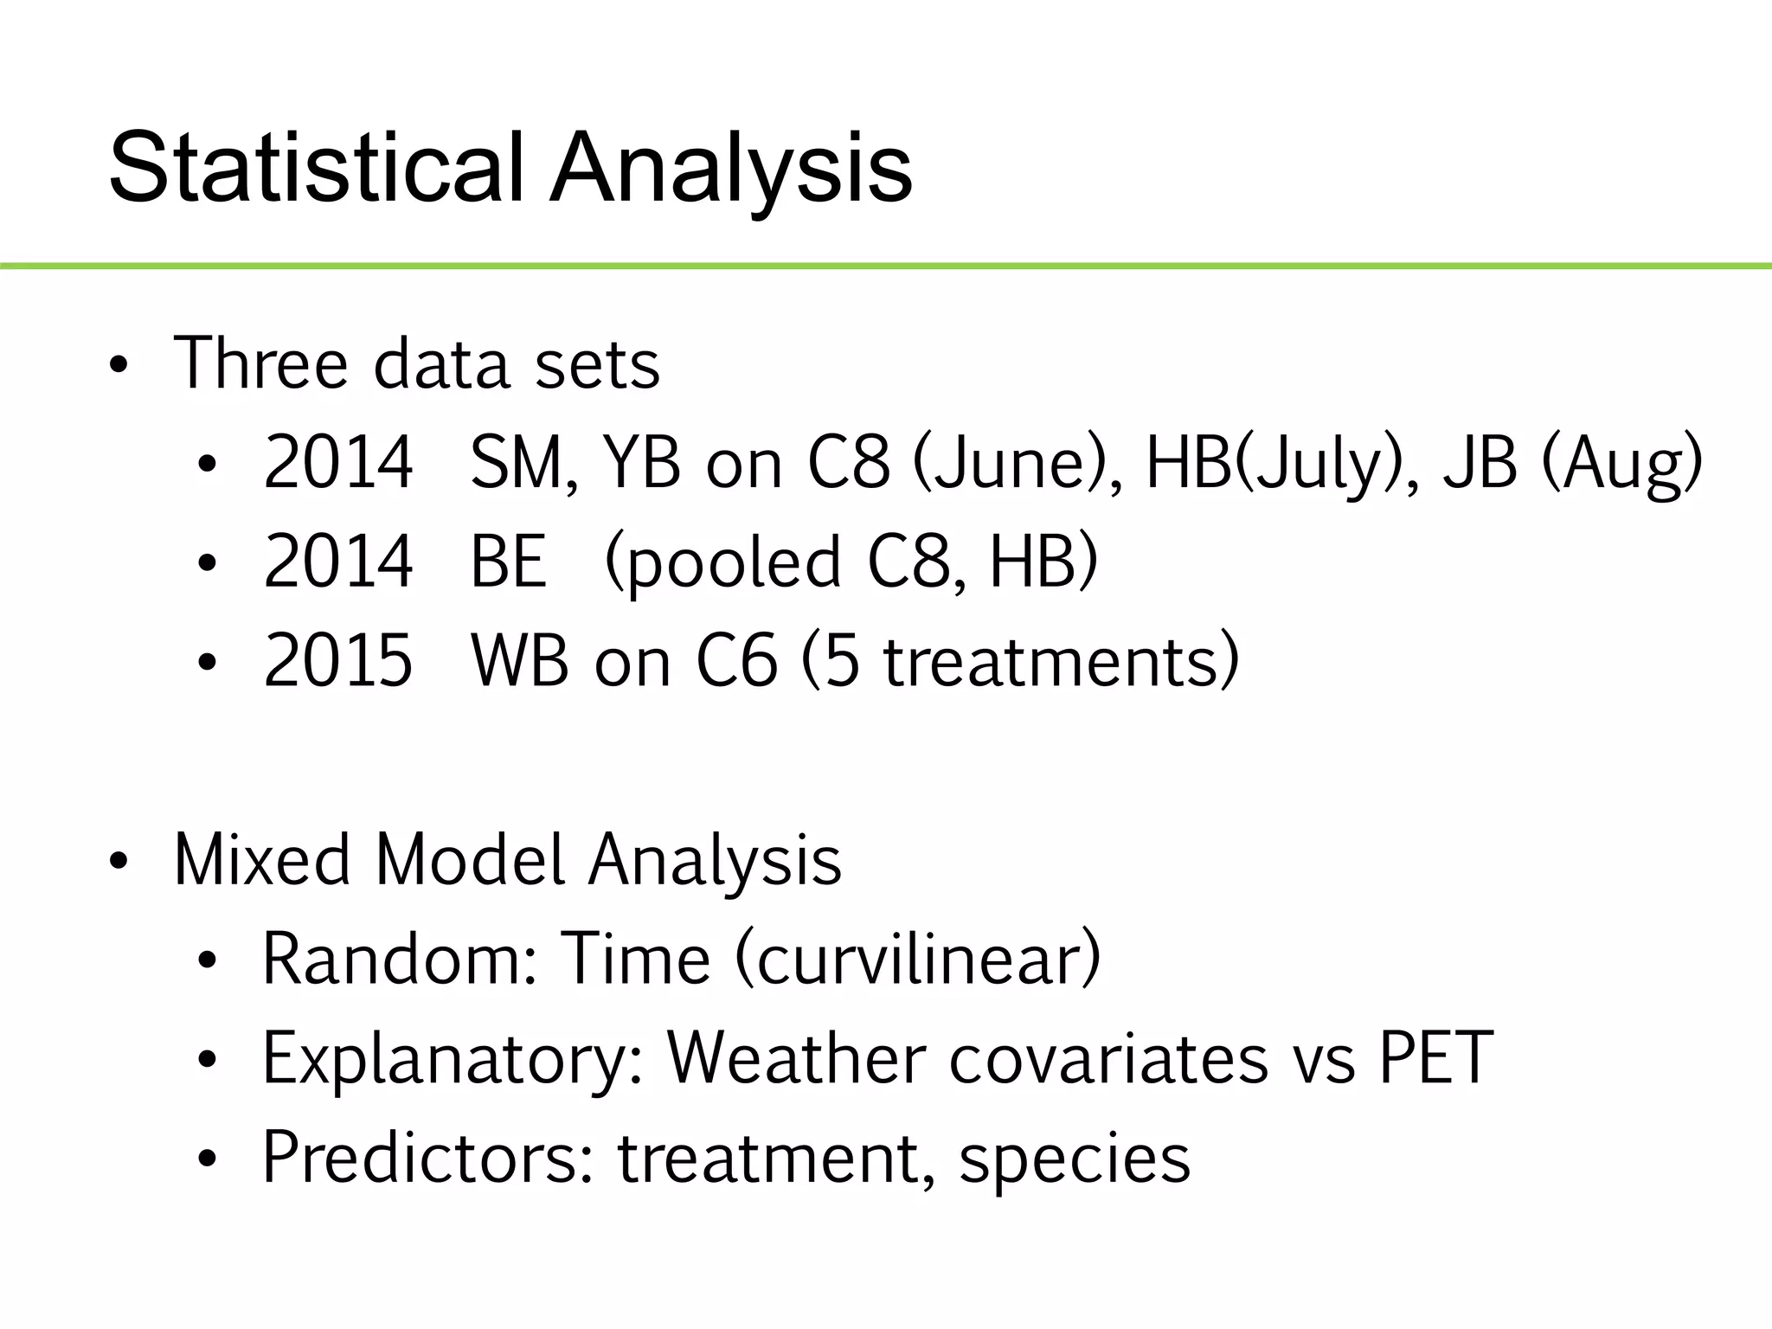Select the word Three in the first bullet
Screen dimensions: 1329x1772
[260, 363]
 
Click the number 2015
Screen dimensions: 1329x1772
[337, 661]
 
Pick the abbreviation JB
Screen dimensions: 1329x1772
[1480, 463]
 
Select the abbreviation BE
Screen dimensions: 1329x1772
[508, 562]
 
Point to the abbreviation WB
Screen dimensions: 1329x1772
[520, 661]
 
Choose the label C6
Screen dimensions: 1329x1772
[736, 661]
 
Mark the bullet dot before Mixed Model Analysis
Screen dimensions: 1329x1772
[119, 862]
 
